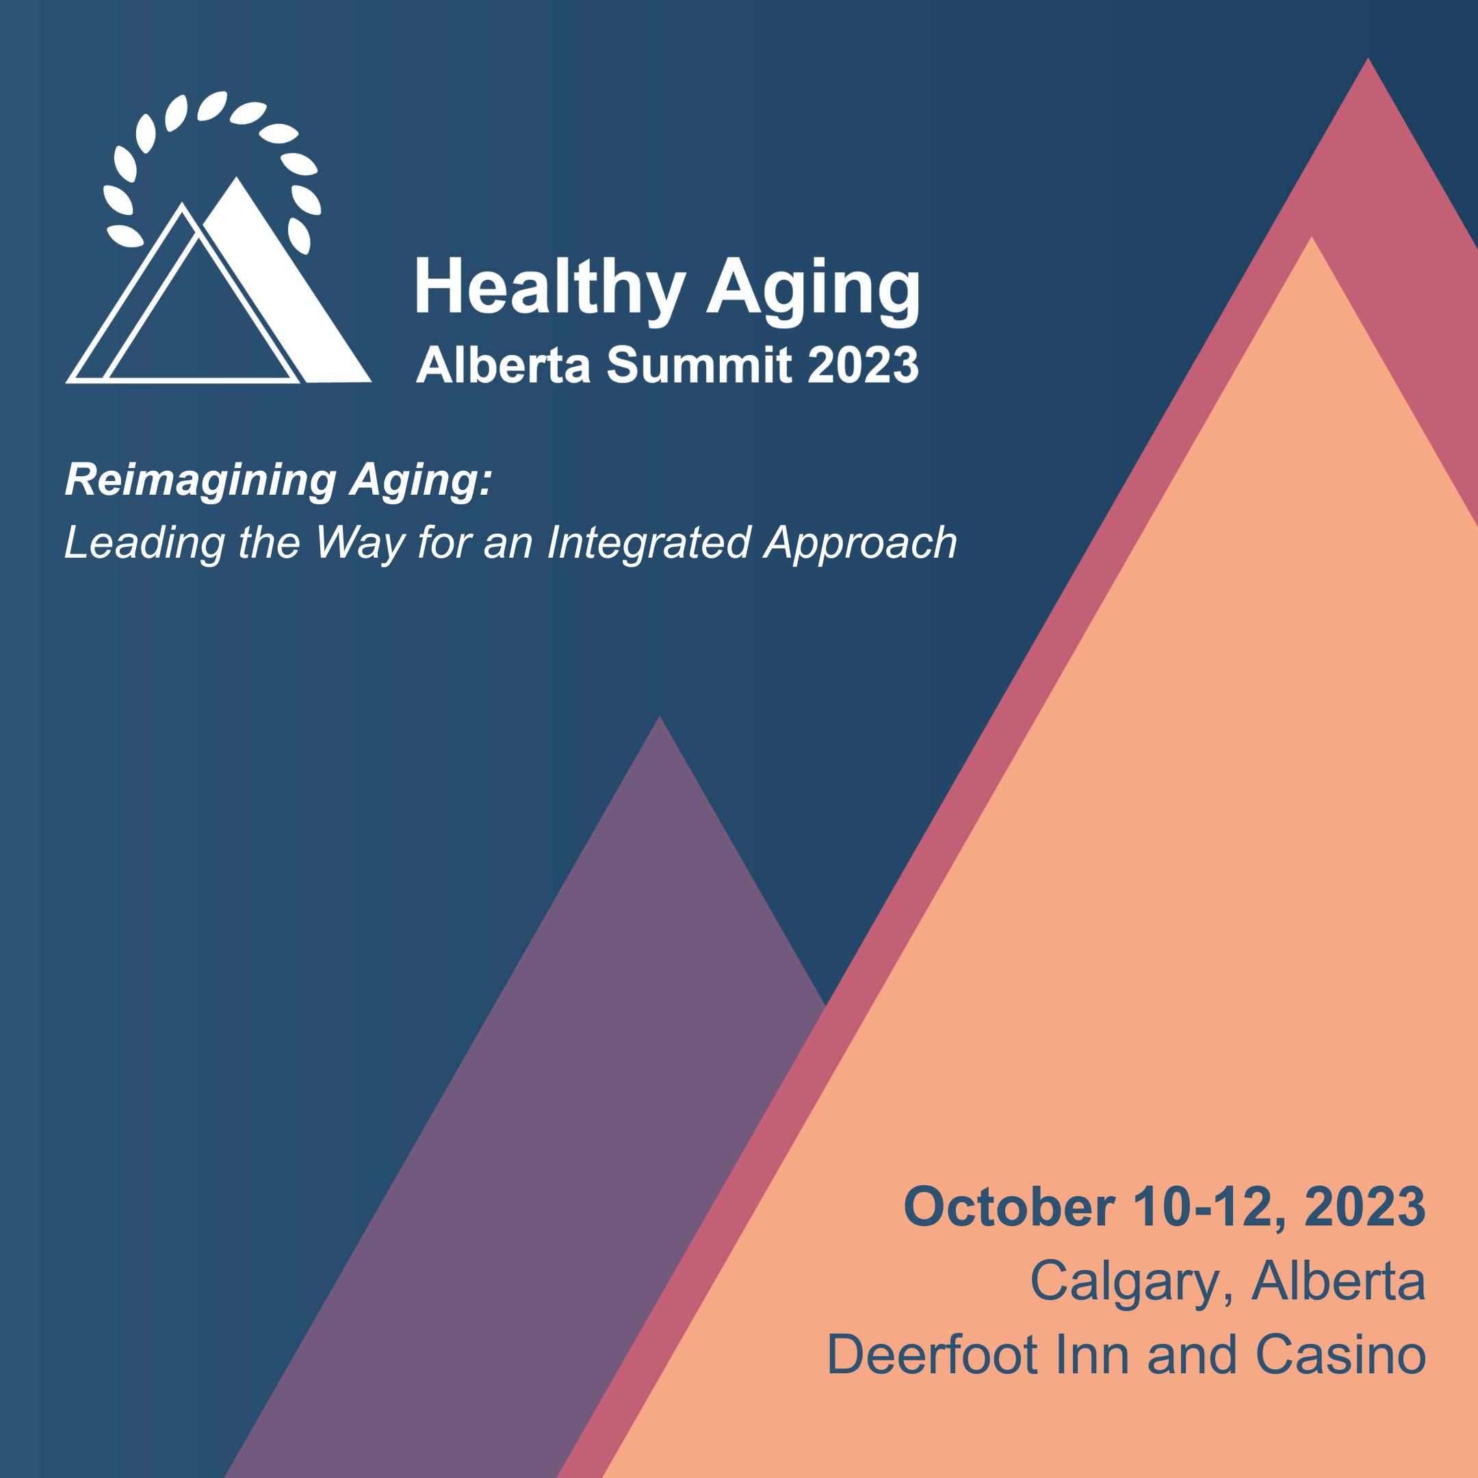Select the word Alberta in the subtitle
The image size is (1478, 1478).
click(504, 364)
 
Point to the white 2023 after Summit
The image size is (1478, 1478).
click(863, 364)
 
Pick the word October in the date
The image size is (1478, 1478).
click(1009, 1206)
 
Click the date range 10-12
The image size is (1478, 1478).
click(1200, 1206)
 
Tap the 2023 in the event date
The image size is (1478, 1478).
click(1365, 1206)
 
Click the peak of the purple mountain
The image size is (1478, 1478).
click(660, 717)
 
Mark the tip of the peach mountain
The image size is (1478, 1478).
click(1311, 237)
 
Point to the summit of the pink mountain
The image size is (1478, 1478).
click(1368, 58)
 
